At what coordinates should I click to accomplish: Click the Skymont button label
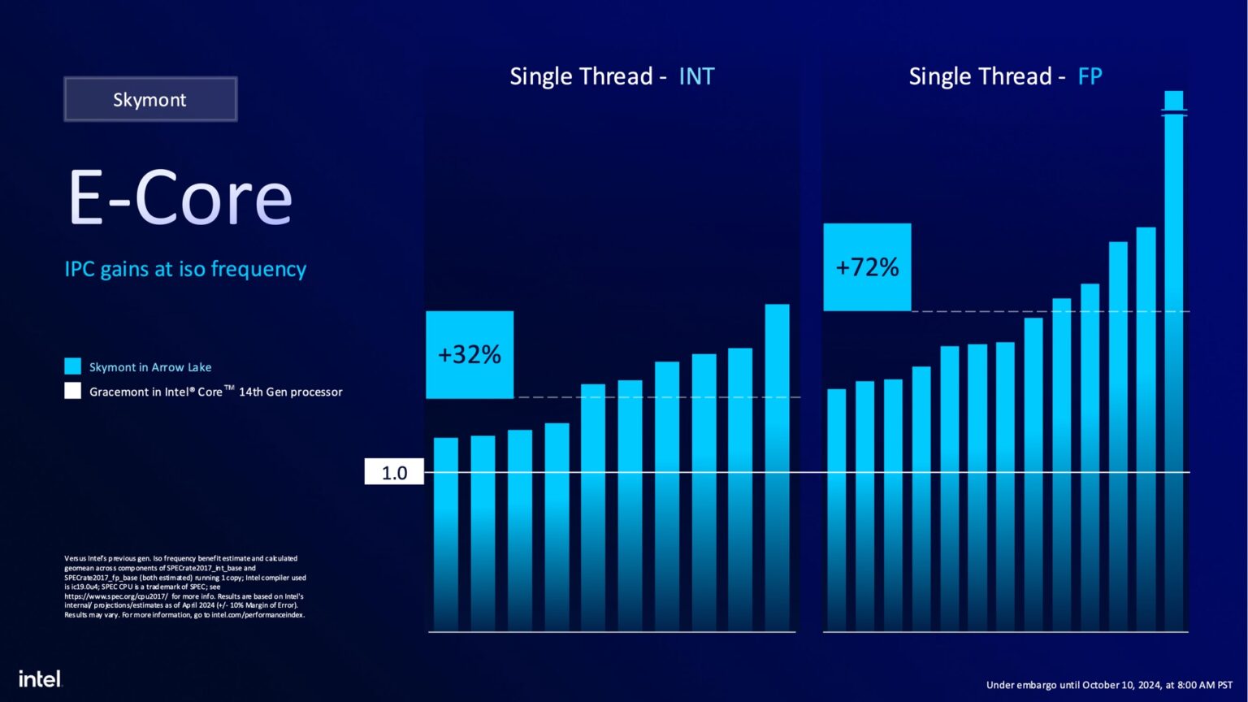[x=149, y=100]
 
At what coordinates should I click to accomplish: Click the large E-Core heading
[x=180, y=198]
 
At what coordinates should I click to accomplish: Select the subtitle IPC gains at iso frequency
[x=185, y=269]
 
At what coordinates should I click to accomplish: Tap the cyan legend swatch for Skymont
[x=73, y=366]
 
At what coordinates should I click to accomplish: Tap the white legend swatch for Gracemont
[x=73, y=391]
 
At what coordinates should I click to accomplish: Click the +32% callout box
[x=470, y=354]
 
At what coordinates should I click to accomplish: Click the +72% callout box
[x=867, y=267]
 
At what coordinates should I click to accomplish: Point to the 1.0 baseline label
[x=394, y=473]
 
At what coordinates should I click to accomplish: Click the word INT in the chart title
[x=696, y=76]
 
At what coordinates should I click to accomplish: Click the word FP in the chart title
[x=1090, y=76]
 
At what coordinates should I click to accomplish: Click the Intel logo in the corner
[x=40, y=678]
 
